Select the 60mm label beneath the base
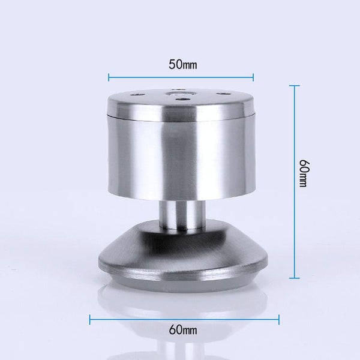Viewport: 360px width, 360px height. [x=181, y=329]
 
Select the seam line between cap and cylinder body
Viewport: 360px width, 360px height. [x=180, y=116]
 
